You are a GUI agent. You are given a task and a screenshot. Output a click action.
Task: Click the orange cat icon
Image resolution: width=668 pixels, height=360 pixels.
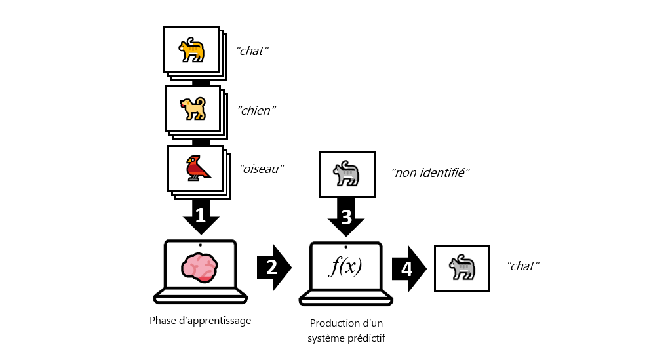tap(191, 50)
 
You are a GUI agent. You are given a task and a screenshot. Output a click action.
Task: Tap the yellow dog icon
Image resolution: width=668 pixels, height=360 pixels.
tap(192, 109)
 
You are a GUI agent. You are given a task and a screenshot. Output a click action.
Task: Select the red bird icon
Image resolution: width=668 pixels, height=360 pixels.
tap(197, 168)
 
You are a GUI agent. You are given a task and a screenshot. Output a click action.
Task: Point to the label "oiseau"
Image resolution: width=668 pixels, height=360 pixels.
tap(262, 169)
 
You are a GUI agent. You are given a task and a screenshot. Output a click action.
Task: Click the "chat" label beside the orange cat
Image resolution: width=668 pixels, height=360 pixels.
tap(252, 50)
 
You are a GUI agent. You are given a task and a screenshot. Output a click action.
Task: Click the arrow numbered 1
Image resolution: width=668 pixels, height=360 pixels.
tap(201, 216)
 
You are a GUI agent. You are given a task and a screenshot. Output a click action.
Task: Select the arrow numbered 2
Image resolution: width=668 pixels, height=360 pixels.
tap(273, 266)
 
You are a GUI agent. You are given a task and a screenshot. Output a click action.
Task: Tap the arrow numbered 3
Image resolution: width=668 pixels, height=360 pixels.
tap(346, 216)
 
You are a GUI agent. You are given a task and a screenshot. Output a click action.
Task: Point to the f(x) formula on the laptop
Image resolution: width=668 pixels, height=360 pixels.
tap(345, 268)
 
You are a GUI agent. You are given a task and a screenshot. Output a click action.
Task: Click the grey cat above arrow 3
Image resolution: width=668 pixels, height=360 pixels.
tap(346, 173)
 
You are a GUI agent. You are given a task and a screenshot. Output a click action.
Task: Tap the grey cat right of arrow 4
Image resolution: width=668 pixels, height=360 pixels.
tap(462, 268)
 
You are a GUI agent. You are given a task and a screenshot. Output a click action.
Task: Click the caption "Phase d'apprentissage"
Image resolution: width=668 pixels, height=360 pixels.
tap(200, 320)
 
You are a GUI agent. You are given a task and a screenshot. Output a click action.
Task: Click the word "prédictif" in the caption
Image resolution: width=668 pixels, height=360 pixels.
tap(365, 338)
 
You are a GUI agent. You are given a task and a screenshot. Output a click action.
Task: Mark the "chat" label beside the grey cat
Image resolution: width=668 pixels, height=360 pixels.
tap(523, 266)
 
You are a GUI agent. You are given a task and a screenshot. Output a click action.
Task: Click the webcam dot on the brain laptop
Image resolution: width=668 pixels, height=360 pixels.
tap(200, 245)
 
